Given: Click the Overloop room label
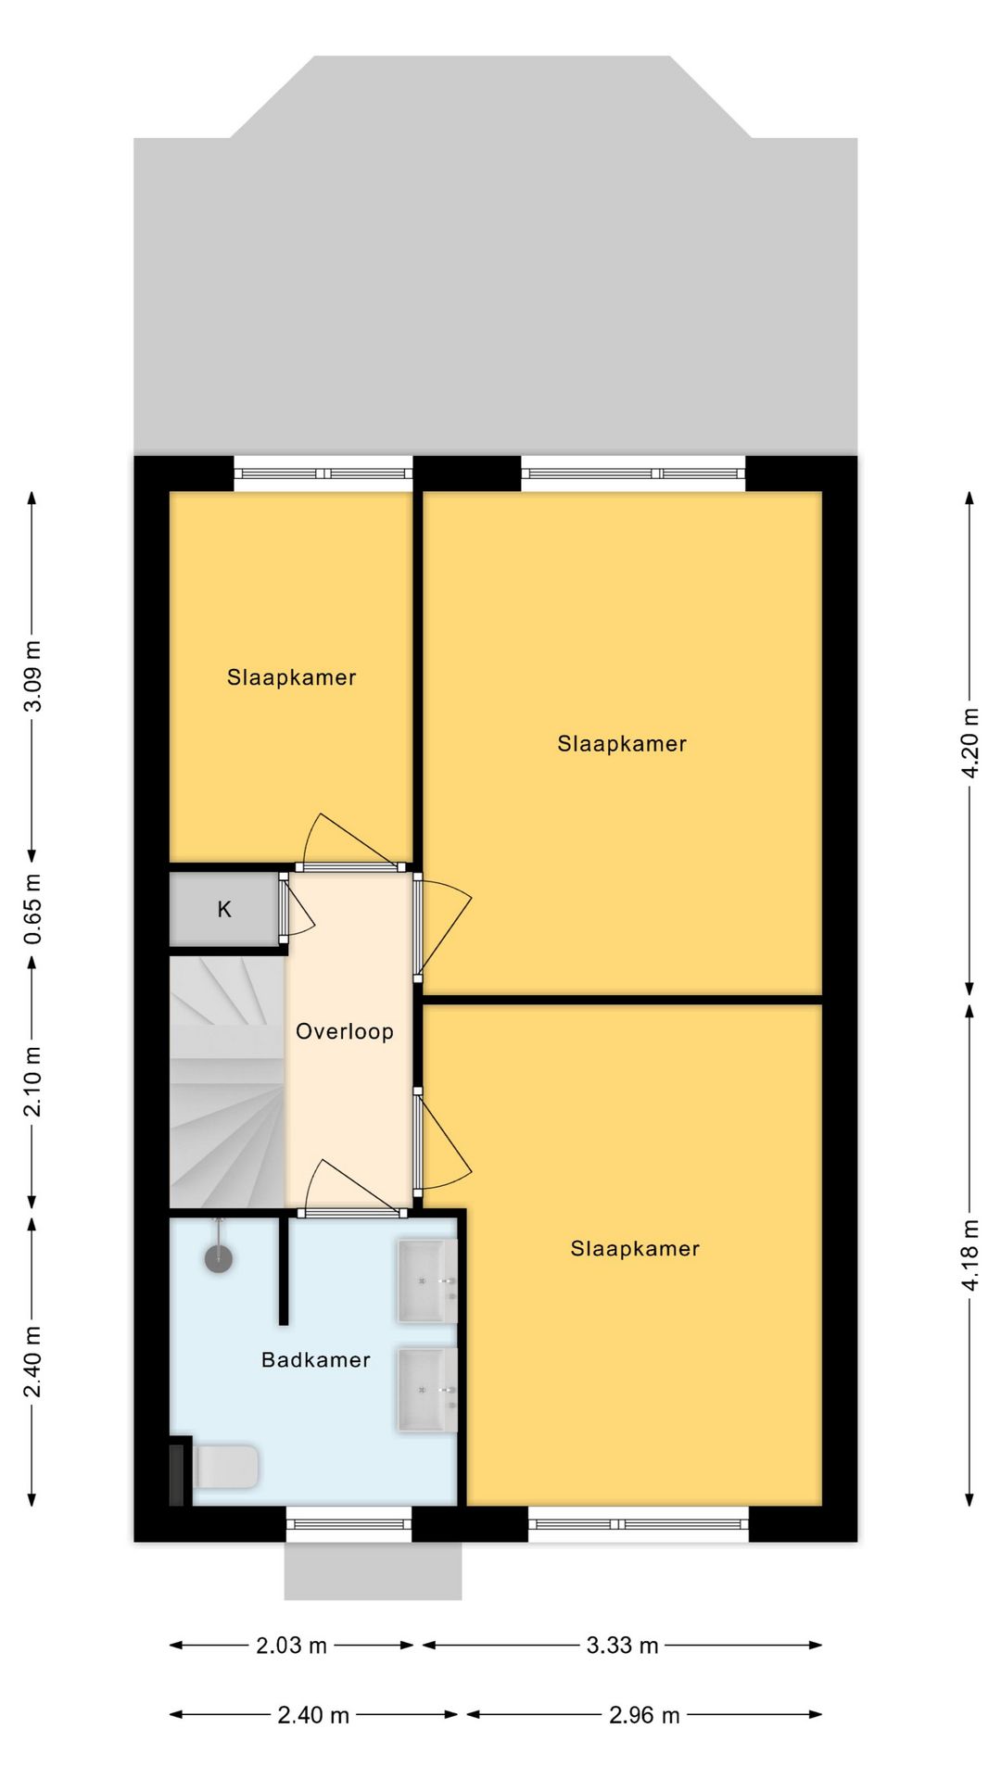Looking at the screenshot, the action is (344, 1031).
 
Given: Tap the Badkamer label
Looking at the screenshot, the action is (315, 1359).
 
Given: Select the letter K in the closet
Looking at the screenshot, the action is (224, 909).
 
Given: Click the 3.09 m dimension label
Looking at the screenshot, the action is (32, 676).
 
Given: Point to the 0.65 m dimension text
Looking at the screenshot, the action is (32, 909).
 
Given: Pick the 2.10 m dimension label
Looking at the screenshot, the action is (32, 1081).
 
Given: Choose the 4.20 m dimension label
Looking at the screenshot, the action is (970, 743).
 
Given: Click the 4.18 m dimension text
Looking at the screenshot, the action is (970, 1255).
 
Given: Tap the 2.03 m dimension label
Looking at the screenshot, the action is (291, 1645).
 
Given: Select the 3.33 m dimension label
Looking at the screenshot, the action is (622, 1645).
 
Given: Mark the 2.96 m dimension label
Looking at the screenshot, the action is (644, 1715).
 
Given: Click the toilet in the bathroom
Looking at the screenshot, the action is (224, 1467).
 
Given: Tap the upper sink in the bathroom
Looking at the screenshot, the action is (427, 1281).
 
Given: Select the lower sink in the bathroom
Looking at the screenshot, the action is (427, 1389).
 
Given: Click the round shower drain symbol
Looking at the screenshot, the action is (219, 1258).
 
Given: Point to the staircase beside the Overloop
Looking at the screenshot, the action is (227, 1081).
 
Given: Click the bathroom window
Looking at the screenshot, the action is (348, 1523).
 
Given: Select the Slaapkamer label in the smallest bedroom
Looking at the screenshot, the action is (291, 677).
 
